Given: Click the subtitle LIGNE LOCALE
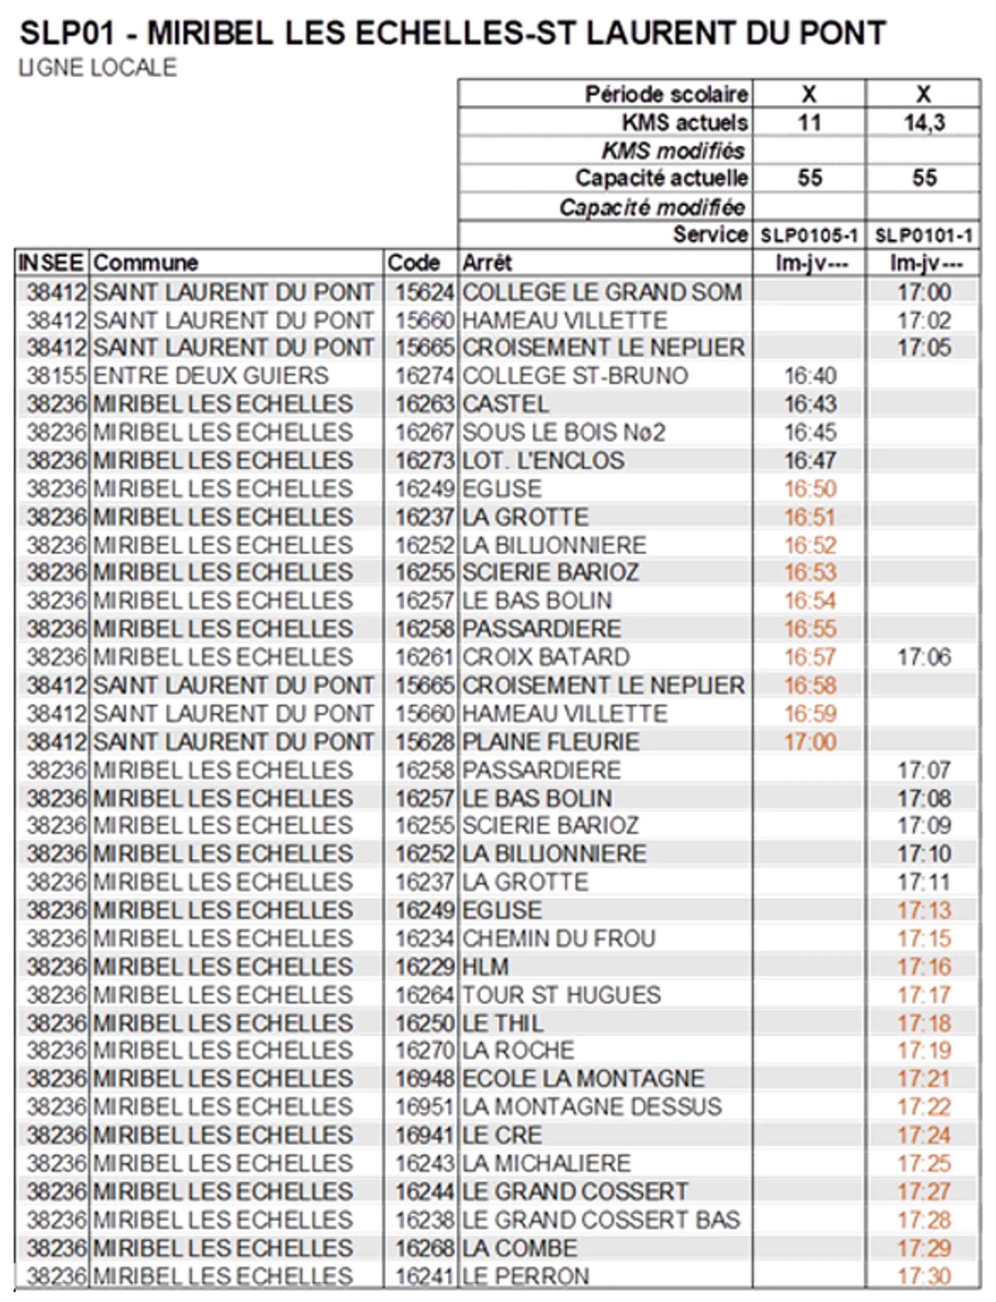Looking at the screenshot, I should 98,68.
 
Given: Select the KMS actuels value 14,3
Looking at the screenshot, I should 924,123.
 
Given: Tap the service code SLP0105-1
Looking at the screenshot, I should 809,235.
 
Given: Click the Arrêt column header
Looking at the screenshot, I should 487,263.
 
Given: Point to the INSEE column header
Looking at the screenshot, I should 51,263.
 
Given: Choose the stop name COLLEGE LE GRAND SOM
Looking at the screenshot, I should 602,292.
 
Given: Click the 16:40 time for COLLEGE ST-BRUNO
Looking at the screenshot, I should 810,376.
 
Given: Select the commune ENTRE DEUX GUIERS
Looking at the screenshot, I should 211,376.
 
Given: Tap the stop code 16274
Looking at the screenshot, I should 424,376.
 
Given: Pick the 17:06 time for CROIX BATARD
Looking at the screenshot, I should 924,657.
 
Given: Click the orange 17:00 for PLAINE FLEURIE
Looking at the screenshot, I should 810,741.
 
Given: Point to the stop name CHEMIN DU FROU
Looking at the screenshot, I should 558,939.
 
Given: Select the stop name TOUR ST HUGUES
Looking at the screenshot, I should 561,995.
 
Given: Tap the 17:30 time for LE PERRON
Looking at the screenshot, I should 924,1275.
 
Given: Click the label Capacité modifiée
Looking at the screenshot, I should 652,208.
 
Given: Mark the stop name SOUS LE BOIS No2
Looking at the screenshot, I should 563,432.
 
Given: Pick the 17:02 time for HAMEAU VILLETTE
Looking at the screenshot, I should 924,320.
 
